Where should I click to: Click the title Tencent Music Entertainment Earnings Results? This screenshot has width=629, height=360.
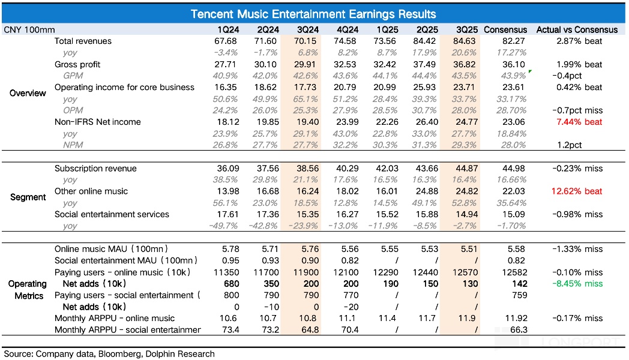313,14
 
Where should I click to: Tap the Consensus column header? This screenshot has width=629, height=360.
505,29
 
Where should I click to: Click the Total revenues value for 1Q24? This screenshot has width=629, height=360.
229,41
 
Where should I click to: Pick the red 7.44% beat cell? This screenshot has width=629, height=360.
577,122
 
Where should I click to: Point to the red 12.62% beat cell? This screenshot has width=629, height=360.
577,191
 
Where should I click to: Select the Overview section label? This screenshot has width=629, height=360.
28,93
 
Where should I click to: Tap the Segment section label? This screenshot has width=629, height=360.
28,197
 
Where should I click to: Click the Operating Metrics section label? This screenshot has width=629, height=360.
28,290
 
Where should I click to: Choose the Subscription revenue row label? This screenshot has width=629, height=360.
95,169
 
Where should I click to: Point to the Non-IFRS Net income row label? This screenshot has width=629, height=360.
97,122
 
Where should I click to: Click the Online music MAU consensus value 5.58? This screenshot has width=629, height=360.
516,249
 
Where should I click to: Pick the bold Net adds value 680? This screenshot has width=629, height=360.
229,284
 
